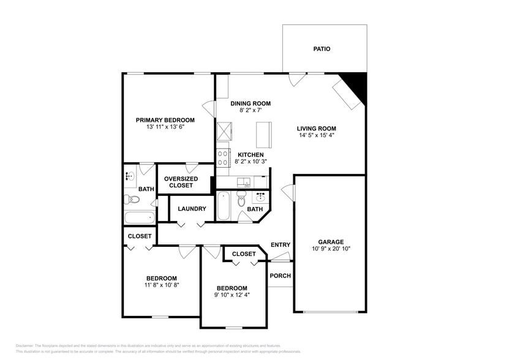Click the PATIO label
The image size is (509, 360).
pyautogui.click(x=322, y=49)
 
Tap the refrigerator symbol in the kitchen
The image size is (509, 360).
pyautogui.click(x=224, y=132)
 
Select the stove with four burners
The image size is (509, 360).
pyautogui.click(x=224, y=156)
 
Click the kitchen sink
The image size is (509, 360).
pyautogui.click(x=244, y=182)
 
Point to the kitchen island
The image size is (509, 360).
pyautogui.click(x=263, y=132)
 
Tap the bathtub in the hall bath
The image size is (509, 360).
pyautogui.click(x=224, y=206)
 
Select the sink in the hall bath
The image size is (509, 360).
pyautogui.click(x=261, y=197)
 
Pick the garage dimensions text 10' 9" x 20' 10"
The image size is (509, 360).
pyautogui.click(x=331, y=249)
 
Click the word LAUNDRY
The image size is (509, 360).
pyautogui.click(x=192, y=209)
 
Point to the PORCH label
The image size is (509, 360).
pyautogui.click(x=281, y=276)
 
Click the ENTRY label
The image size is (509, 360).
pyautogui.click(x=281, y=245)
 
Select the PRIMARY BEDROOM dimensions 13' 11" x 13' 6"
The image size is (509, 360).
pyautogui.click(x=165, y=127)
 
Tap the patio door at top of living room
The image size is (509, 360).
pyautogui.click(x=297, y=79)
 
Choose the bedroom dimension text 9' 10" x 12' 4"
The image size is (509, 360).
pyautogui.click(x=232, y=295)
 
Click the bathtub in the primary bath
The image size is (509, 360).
pyautogui.click(x=139, y=217)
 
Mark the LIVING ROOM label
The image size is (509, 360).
pyautogui.click(x=317, y=129)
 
